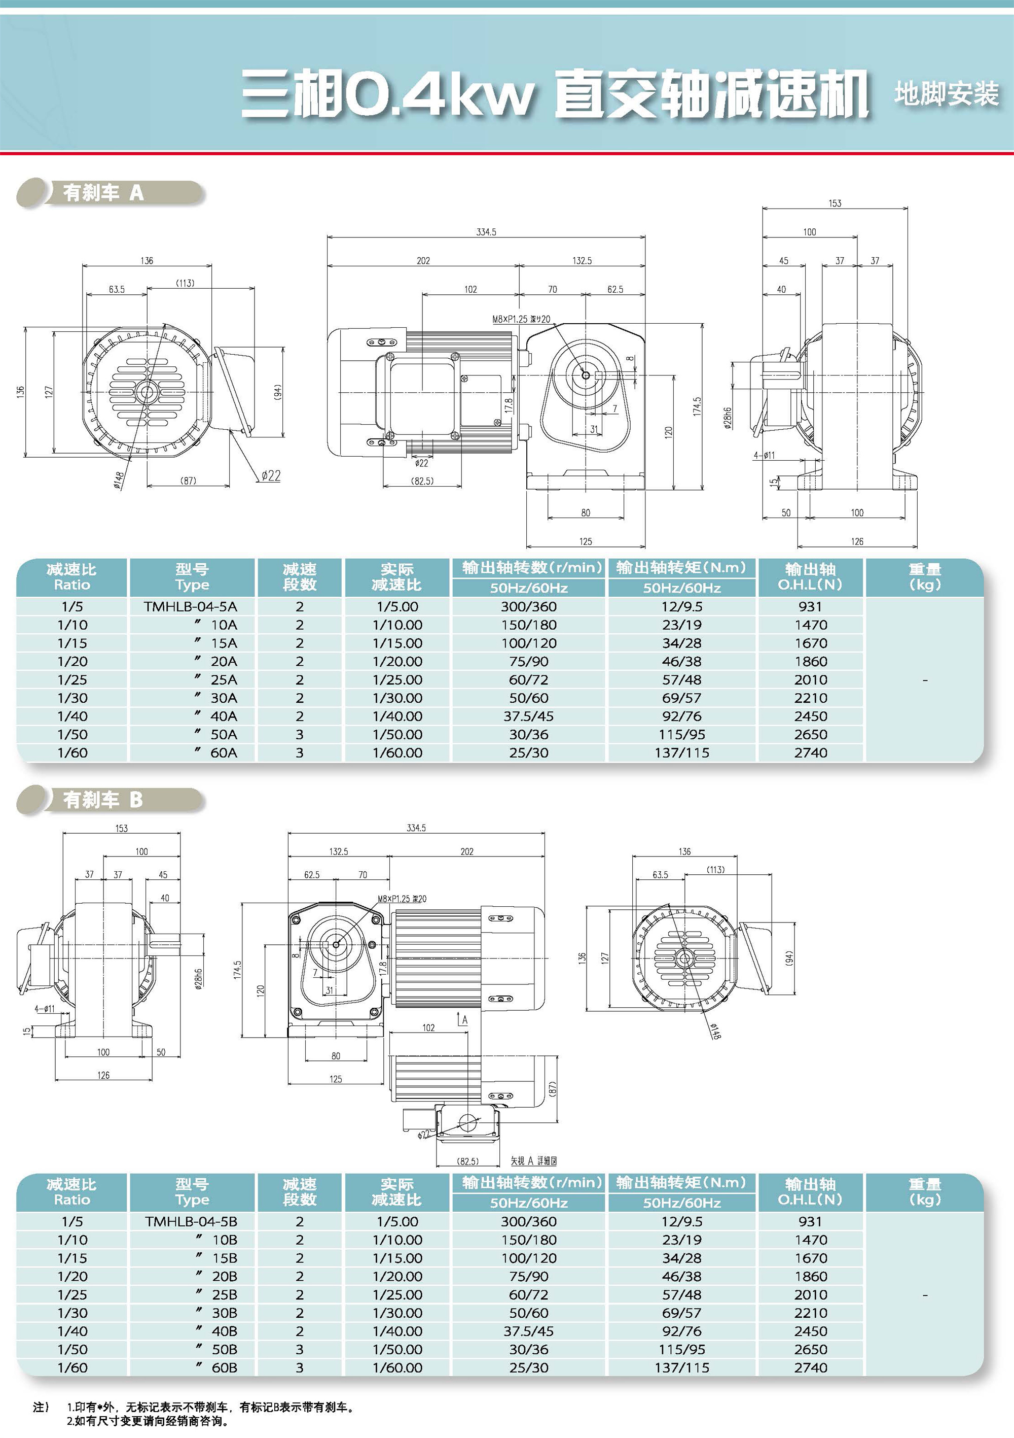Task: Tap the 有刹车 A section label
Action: pos(103,193)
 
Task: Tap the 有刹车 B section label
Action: pos(103,800)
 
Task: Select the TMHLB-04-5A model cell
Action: pos(191,606)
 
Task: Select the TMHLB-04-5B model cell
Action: pos(191,1221)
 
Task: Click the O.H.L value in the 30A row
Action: pos(811,698)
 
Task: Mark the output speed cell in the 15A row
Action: pos(528,643)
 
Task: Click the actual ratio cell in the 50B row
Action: pos(397,1349)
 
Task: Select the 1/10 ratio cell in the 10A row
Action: pos(73,625)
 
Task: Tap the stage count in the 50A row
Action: pos(299,734)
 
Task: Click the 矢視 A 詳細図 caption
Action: pos(533,1160)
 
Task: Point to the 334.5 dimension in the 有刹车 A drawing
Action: pos(486,232)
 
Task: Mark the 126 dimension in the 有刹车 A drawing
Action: pos(857,541)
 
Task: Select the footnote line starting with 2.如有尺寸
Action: pos(148,1421)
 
